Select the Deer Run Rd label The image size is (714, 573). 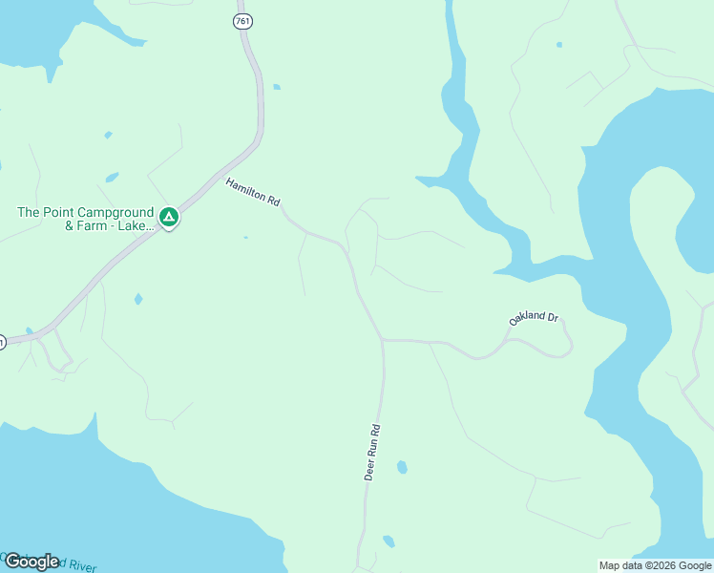click(x=373, y=452)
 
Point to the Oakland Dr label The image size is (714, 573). click(x=533, y=318)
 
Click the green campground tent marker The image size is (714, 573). click(x=169, y=218)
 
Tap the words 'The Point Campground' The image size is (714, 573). click(x=85, y=212)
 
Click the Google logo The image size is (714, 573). click(x=31, y=562)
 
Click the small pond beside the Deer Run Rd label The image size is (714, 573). click(x=402, y=467)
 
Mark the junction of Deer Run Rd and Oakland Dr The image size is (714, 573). click(x=383, y=339)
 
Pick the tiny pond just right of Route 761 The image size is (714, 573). click(x=276, y=87)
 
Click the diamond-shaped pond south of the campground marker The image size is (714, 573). click(x=138, y=299)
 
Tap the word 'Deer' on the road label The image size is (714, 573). click(x=369, y=467)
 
